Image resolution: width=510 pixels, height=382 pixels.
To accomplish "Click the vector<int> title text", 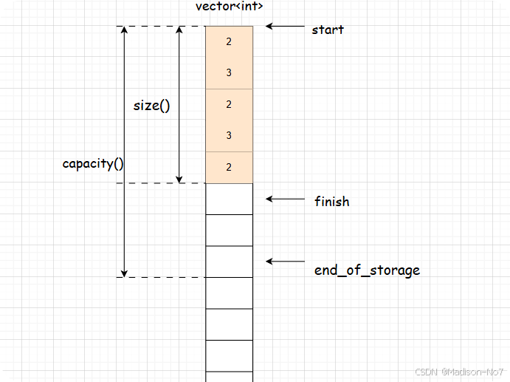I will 229,7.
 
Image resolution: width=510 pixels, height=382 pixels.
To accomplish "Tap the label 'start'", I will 328,30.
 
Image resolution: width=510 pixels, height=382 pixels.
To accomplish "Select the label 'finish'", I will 331,201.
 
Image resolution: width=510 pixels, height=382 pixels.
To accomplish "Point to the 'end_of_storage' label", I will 367,270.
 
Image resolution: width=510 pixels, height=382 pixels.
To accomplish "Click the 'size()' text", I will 151,105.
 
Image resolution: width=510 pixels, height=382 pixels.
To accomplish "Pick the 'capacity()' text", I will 93,163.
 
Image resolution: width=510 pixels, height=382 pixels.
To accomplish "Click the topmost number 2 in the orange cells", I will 229,42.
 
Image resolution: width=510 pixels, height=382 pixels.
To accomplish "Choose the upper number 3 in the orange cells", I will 229,73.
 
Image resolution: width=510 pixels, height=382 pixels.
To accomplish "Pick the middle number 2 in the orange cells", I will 229,105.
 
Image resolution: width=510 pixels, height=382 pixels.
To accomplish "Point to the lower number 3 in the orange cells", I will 229,136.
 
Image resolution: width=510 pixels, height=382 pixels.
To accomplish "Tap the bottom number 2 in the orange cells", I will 229,168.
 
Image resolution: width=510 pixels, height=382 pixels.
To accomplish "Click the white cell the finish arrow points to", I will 229,199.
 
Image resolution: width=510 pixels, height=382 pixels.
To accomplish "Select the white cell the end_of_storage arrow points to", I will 229,262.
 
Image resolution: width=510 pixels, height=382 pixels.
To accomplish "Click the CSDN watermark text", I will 458,371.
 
